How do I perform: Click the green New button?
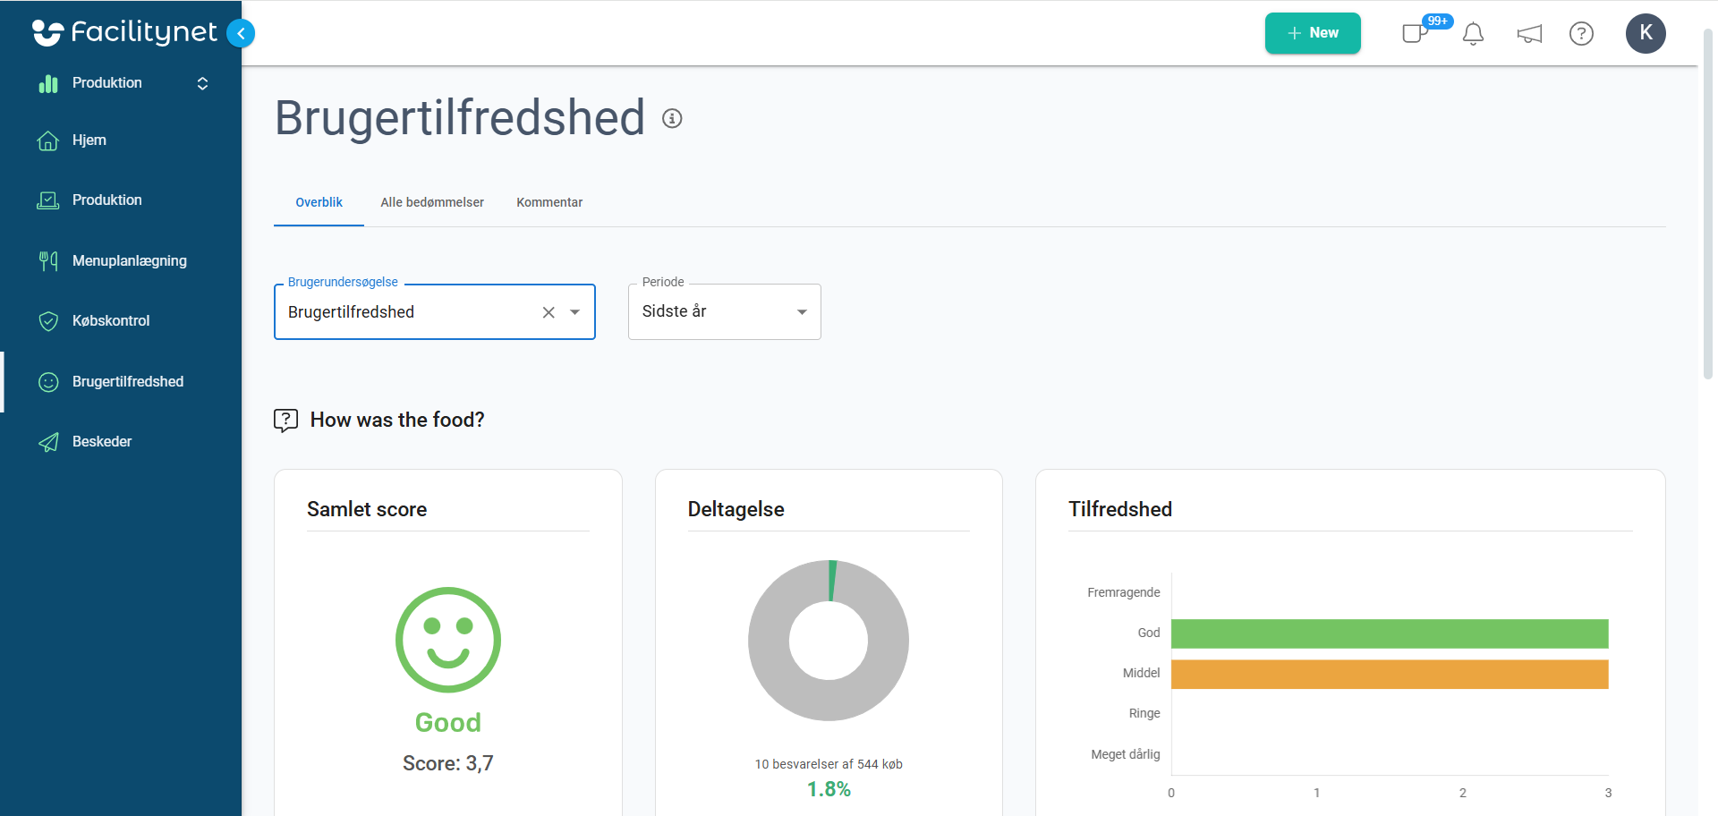(x=1313, y=33)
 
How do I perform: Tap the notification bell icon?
(x=1473, y=34)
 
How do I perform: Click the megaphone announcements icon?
(x=1529, y=34)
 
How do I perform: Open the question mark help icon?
(x=1581, y=34)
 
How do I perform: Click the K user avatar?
(x=1646, y=34)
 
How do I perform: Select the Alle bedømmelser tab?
(x=432, y=202)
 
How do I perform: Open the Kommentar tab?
(x=549, y=202)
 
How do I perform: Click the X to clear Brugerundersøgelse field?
(x=549, y=312)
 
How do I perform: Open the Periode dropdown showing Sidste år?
(x=725, y=311)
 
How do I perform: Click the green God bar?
(x=1390, y=633)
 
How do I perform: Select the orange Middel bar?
(x=1390, y=675)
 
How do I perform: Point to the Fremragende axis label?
(x=1124, y=592)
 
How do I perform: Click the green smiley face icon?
(x=448, y=640)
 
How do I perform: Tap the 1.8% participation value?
(x=829, y=789)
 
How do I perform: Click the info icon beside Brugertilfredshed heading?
(x=672, y=118)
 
